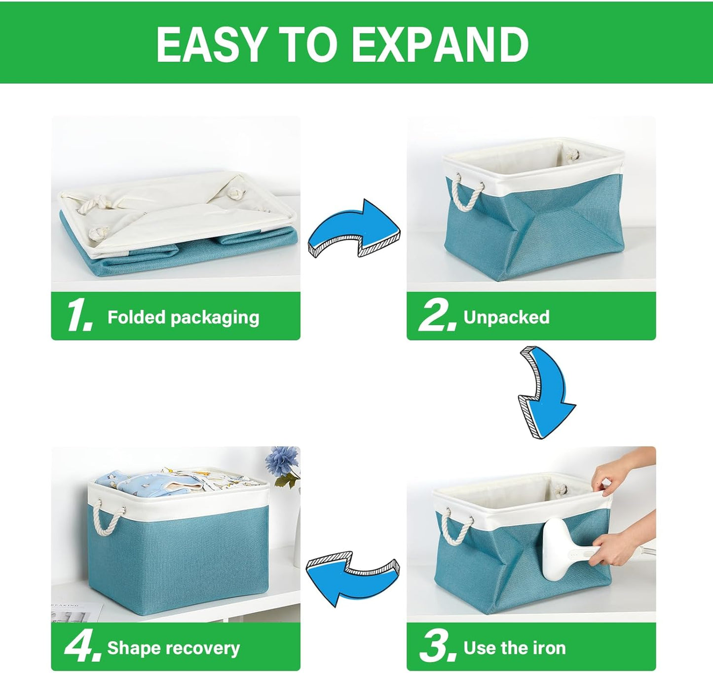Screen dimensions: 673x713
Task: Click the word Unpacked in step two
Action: pos(506,317)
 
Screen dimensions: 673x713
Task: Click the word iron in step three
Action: pos(549,648)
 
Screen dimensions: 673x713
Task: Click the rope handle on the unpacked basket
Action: pos(467,192)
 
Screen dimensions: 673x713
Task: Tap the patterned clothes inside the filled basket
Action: pos(173,481)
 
